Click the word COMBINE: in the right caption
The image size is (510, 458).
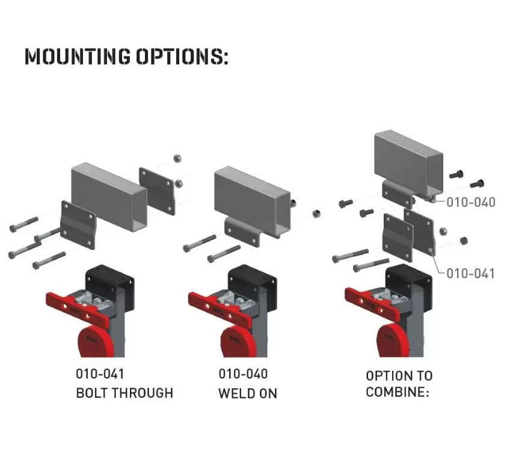coord(397,393)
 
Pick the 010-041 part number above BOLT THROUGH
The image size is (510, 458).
coord(100,373)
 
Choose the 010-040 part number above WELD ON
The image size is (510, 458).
coord(243,373)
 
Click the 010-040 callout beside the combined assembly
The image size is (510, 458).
coord(471,202)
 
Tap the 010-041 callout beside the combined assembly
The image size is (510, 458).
coord(471,273)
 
